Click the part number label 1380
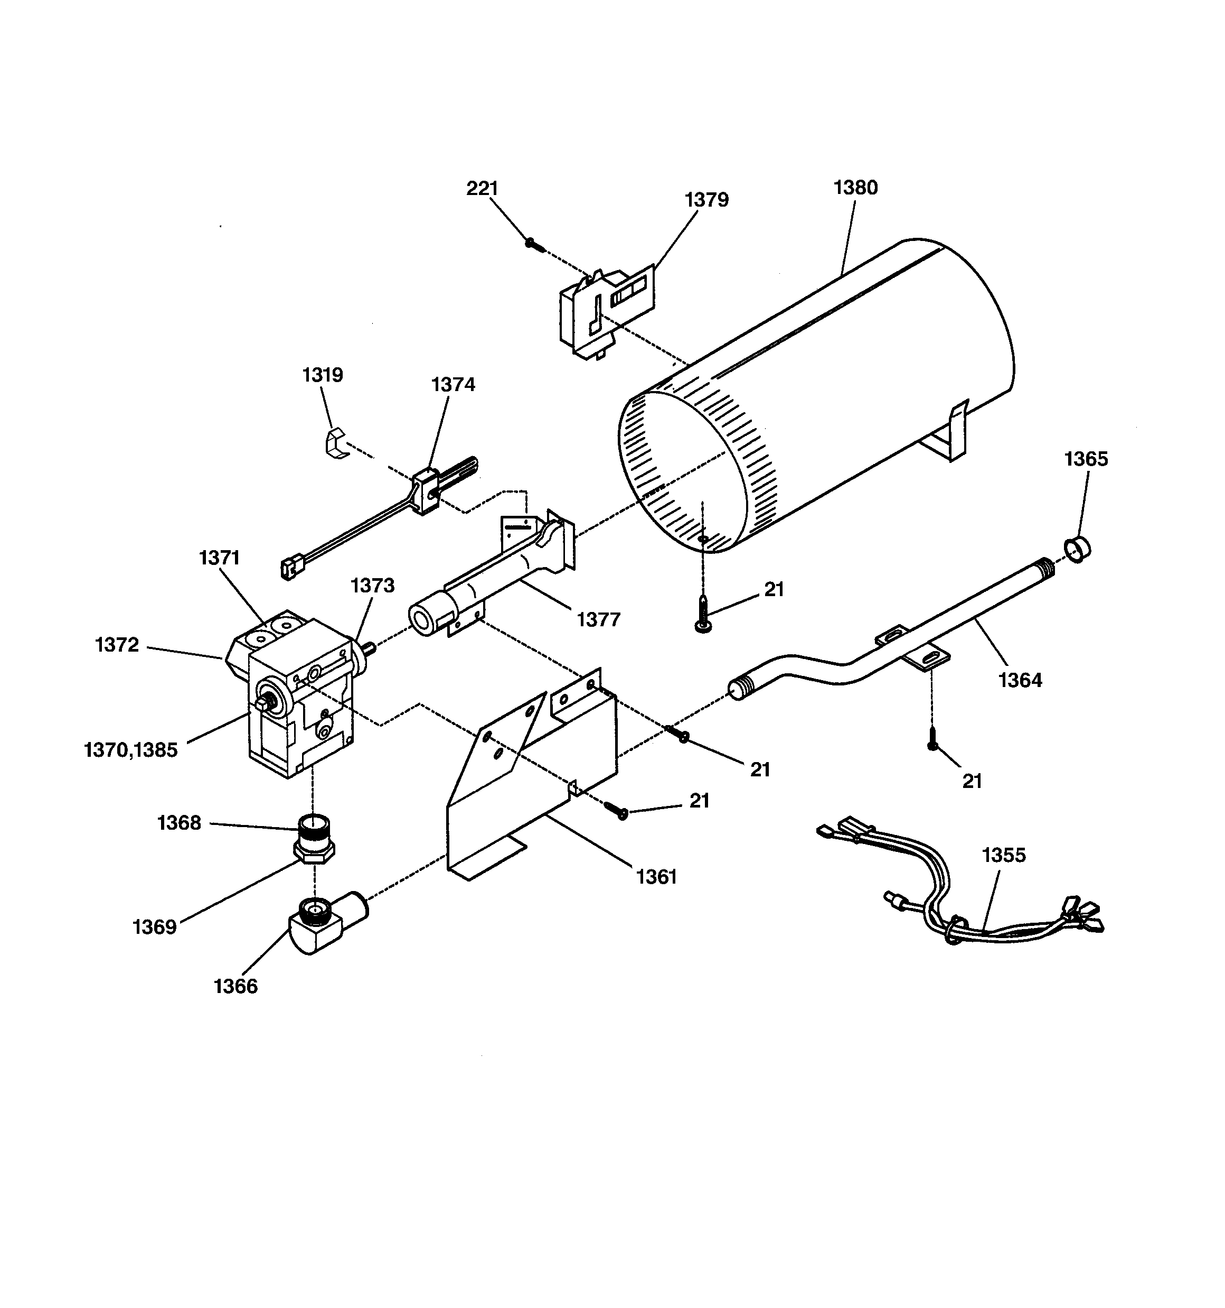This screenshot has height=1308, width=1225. pyautogui.click(x=855, y=188)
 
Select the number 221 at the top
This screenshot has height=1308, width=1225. pyautogui.click(x=482, y=188)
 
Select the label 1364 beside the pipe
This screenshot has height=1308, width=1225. pyautogui.click(x=1020, y=680)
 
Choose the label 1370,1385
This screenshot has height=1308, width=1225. pyautogui.click(x=131, y=749)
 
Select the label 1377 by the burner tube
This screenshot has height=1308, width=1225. pyautogui.click(x=598, y=619)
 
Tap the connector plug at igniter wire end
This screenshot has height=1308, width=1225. pyautogui.click(x=289, y=568)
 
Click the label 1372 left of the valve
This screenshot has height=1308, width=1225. pyautogui.click(x=117, y=645)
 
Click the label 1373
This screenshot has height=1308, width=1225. pyautogui.click(x=372, y=585)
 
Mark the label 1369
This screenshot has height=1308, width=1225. pyautogui.click(x=155, y=927)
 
